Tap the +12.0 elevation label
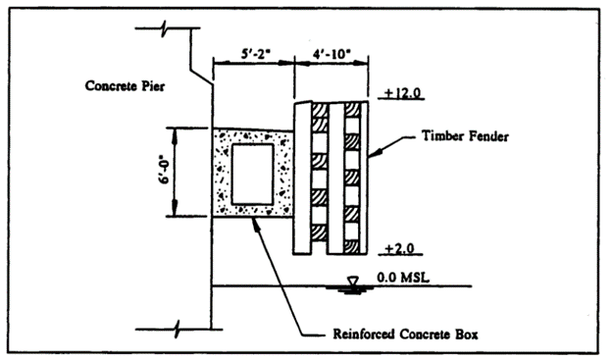pos(402,92)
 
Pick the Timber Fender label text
pos(466,136)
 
